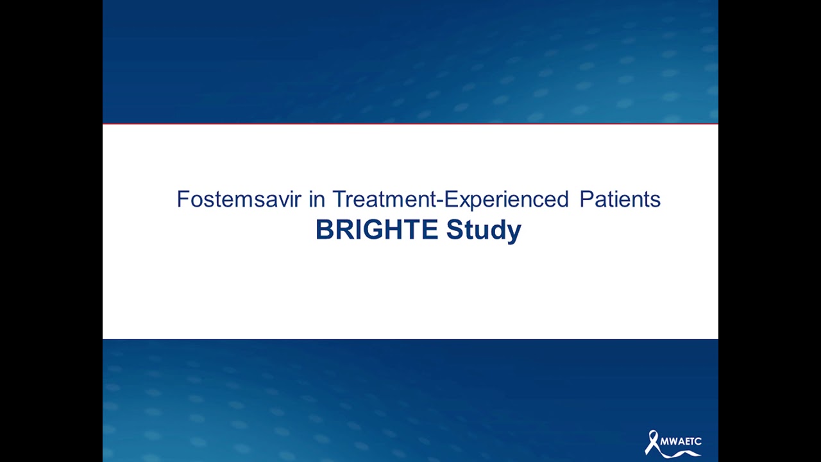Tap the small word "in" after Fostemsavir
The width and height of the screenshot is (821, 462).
[x=316, y=200]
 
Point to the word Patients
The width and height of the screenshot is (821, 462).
[x=620, y=200]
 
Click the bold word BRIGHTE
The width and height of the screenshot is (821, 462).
[x=377, y=230]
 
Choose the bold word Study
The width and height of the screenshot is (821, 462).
[x=484, y=230]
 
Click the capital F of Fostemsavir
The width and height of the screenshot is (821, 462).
[x=182, y=200]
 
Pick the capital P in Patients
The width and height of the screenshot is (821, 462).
[x=585, y=200]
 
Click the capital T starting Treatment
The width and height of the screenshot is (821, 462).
[x=338, y=200]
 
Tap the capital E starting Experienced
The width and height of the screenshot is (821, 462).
[x=450, y=200]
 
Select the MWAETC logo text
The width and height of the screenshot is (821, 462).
[x=681, y=441]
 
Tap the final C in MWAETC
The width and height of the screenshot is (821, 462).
[x=698, y=441]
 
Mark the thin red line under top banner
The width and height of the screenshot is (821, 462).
[x=410, y=123]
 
